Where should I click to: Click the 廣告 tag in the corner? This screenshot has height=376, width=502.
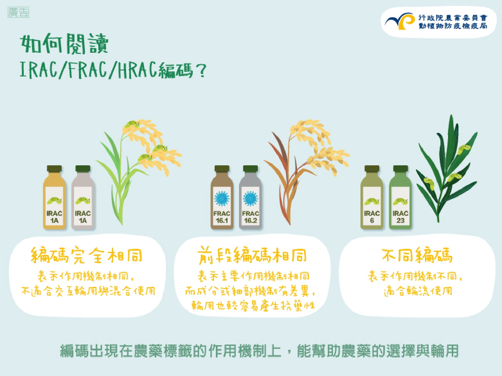[18, 12]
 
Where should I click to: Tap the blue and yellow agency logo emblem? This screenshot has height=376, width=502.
[400, 21]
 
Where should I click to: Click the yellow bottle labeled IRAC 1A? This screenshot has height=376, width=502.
[55, 197]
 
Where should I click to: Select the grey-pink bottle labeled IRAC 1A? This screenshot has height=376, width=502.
[83, 197]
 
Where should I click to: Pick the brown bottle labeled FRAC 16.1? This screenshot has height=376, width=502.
[222, 197]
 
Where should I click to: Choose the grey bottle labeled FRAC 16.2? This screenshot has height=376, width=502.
[250, 197]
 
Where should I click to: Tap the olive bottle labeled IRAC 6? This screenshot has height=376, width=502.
[372, 197]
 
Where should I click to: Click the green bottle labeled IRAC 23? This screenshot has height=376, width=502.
[401, 197]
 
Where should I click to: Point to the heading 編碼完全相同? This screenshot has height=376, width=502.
[86, 255]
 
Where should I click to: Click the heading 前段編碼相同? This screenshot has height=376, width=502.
[252, 255]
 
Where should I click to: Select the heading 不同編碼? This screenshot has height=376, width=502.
[417, 255]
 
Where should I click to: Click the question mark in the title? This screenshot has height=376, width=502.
[201, 70]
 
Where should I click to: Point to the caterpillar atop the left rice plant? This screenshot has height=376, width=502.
[132, 124]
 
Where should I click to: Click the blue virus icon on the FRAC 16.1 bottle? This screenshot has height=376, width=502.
[222, 199]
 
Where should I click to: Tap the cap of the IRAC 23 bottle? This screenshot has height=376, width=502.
[401, 169]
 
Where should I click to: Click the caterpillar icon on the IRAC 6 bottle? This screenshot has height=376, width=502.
[372, 201]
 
